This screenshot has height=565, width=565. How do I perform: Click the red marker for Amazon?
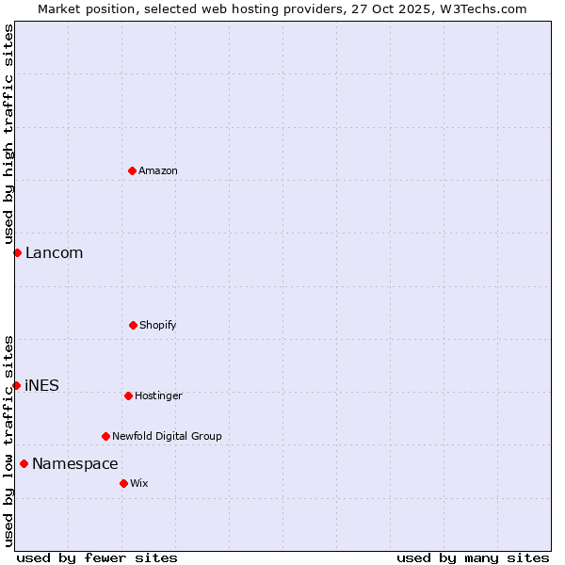pos(132,170)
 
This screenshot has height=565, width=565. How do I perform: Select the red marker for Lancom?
pos(17,252)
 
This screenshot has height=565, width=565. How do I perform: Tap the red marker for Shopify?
pos(133,325)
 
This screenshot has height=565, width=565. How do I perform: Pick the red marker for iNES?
pos(16,385)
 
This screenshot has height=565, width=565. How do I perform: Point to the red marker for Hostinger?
pos(128,395)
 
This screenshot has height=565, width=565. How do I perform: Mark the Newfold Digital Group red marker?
pos(105,436)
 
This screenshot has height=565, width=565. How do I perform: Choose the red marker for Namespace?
pos(24,463)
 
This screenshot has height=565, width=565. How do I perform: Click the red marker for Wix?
pos(123,483)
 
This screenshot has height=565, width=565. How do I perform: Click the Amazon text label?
pos(158,170)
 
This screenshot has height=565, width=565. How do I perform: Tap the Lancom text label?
pos(54,252)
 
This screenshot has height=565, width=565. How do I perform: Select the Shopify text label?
pos(158,325)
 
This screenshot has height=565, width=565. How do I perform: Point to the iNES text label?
pos(41,385)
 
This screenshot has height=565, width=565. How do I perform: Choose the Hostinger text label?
pos(158,395)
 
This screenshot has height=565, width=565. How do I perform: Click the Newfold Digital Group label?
pos(167,436)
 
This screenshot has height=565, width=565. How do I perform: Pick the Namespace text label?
pos(74,463)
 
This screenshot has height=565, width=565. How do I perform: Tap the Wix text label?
pos(139,483)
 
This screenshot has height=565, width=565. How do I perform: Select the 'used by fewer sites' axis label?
pos(97,557)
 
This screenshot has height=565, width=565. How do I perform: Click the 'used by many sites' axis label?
pos(473,557)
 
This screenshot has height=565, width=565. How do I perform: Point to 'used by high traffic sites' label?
pos(8,135)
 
